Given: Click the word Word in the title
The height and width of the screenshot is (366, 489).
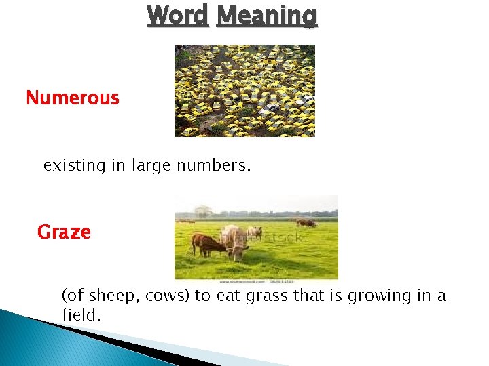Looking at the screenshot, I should [177, 15].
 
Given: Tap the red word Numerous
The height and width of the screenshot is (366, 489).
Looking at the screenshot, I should [73, 98].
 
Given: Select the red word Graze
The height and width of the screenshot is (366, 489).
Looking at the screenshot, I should [64, 232].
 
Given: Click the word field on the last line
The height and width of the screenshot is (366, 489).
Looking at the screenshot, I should [79, 315].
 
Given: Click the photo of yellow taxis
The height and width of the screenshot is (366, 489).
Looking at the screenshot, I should [244, 91].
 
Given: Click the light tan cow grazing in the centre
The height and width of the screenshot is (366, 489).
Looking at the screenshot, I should [234, 241].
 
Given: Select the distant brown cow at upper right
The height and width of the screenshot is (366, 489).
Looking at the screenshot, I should [306, 222].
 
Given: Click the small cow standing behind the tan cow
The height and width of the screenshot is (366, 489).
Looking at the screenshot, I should [255, 232].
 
